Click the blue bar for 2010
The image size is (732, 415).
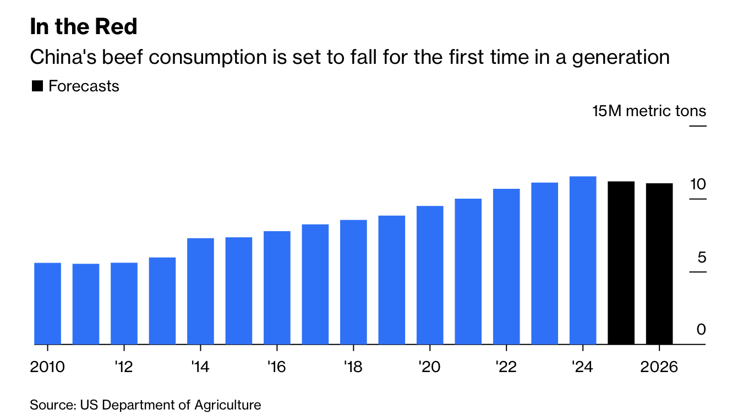(48, 304)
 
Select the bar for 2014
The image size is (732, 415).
(200, 292)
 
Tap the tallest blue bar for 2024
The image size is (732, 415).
(583, 260)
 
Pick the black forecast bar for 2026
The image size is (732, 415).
(659, 264)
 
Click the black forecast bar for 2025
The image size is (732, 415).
(621, 263)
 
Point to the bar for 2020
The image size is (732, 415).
(430, 275)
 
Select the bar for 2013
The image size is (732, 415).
(162, 301)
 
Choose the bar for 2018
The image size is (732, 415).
(353, 282)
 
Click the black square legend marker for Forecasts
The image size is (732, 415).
(37, 86)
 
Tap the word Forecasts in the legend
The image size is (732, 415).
(84, 86)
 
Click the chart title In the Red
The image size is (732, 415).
(84, 27)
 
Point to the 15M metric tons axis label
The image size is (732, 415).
(649, 111)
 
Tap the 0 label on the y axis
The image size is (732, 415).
(701, 330)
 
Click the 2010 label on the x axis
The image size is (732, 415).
(47, 367)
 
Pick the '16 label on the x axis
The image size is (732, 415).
(276, 367)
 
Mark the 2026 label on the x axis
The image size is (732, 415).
(659, 367)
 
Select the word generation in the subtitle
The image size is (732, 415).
(621, 58)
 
